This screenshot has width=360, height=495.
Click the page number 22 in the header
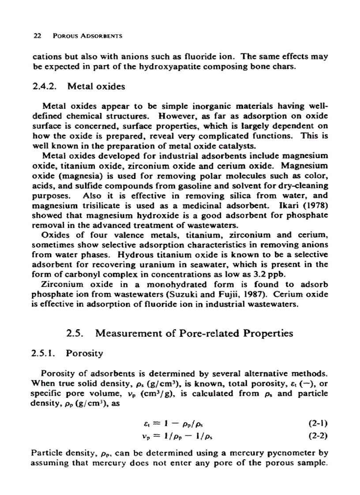pyautogui.click(x=37, y=36)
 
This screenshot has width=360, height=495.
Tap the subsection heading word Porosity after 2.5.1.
pyautogui.click(x=84, y=354)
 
